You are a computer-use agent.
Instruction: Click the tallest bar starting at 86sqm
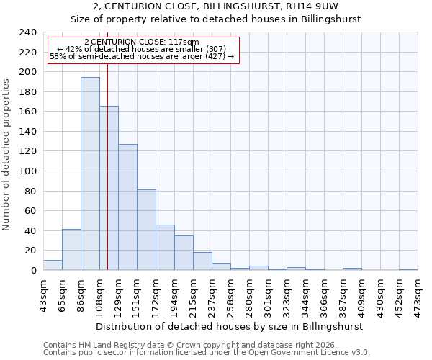90,174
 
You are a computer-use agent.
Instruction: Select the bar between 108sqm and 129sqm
109,188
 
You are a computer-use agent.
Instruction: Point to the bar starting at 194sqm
184,253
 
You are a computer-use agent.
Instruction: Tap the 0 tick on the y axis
33,271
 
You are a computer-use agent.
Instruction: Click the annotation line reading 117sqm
142,42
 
